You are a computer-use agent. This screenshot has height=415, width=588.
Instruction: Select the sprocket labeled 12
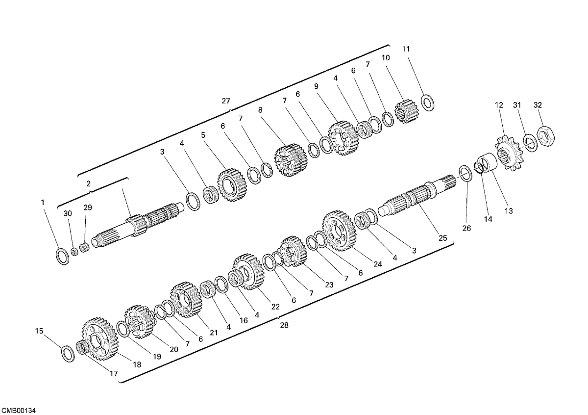click(x=508, y=153)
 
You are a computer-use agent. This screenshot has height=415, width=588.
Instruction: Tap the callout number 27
click(x=226, y=101)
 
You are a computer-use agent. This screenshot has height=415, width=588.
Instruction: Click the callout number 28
click(x=284, y=325)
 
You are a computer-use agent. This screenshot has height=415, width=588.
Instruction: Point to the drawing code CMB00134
click(x=18, y=411)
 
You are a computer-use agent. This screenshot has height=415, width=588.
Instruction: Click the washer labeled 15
click(x=68, y=354)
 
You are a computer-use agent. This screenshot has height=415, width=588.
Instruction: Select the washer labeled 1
click(x=63, y=256)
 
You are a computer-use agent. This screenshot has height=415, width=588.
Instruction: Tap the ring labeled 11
click(x=428, y=103)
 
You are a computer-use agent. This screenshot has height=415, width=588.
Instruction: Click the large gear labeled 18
click(x=100, y=339)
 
